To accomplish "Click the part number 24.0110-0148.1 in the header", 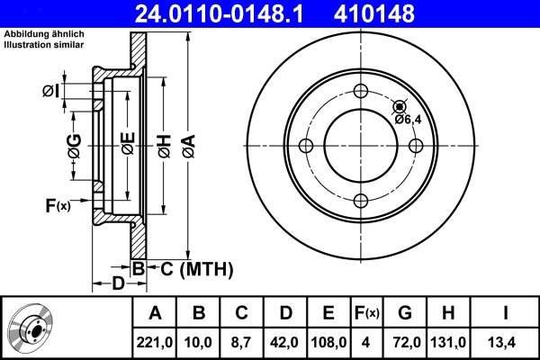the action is pos(219,13).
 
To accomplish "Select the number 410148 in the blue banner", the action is pos(374,13).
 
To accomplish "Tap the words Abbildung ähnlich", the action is pos(44,34).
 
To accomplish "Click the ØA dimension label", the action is pos(189,147).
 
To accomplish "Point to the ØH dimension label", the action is pos(165,147).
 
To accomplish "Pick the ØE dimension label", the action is pos(128,143).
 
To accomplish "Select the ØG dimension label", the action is pos(75,146).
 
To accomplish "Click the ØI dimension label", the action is pos(51,91).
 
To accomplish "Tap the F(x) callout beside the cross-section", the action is pos(58,206).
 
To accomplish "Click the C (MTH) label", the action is pos(196,269).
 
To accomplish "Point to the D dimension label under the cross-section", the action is pos(118,283).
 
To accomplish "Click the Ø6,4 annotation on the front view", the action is pos(408,120).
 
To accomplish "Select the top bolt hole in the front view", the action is pos(361,91).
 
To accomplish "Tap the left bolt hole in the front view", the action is pos(306,146).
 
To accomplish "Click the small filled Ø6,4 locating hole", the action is pos(400,107).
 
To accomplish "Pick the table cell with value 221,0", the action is pos(154,342).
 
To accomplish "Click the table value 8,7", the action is pos(241,342).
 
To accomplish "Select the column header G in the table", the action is pos(405,312).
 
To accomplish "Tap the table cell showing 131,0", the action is pos(448,342).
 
